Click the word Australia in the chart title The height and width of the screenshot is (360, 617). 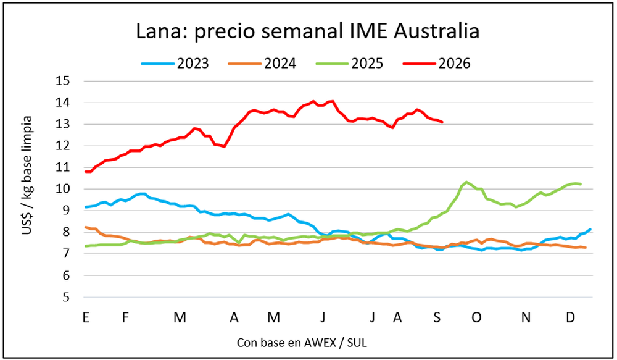[436, 31]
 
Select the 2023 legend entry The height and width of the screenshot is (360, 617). [175, 64]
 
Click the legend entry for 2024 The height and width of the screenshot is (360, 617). [262, 64]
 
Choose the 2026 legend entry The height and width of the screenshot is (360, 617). [437, 64]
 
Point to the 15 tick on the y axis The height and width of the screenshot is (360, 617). [63, 81]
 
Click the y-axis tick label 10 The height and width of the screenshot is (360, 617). [63, 189]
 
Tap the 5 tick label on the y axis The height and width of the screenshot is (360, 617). [66, 297]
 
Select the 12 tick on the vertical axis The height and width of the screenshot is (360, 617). [63, 146]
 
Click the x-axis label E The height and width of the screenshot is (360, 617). [86, 317]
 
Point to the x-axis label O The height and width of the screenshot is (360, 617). [476, 317]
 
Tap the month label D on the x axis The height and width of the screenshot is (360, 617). [570, 317]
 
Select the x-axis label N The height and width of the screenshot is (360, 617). [526, 317]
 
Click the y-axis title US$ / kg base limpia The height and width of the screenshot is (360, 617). [27, 175]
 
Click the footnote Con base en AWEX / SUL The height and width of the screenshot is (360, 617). [302, 343]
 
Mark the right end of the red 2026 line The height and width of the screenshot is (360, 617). [442, 122]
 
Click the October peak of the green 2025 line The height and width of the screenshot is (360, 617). [466, 182]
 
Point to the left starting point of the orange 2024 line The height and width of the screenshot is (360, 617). [86, 227]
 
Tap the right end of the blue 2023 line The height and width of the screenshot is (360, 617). [590, 230]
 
